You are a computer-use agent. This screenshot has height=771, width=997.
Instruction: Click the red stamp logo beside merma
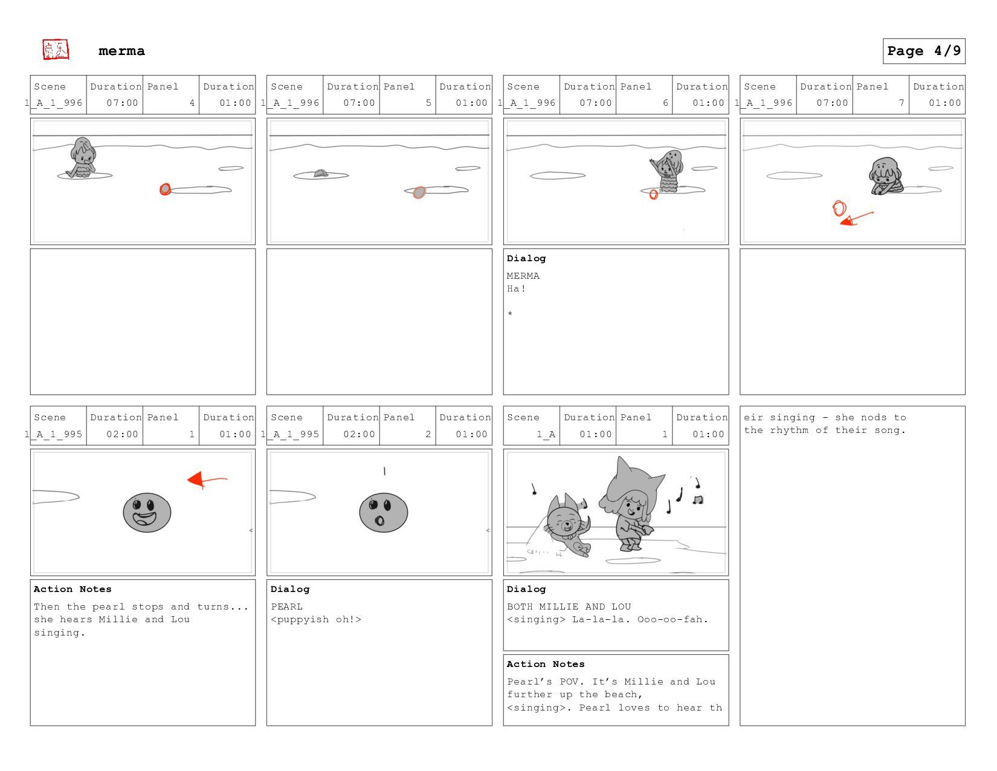[x=56, y=50]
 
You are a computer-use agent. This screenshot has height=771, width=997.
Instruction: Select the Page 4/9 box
[x=924, y=51]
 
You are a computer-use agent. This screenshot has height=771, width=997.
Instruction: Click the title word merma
[x=121, y=51]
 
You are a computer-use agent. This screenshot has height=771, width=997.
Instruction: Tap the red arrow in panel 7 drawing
[x=856, y=218]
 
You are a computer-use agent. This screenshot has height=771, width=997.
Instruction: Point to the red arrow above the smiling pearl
[x=207, y=480]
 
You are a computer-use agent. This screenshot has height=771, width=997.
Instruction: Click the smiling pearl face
[x=147, y=512]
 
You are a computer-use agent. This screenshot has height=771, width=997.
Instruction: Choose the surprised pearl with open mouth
[x=383, y=512]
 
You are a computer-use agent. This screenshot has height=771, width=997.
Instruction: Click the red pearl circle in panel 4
[x=165, y=189]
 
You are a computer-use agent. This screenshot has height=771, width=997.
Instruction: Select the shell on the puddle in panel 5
[x=321, y=173]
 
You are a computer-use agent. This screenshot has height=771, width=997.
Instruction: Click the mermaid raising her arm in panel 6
[x=667, y=171]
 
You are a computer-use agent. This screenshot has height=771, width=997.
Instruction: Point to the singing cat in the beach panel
[x=567, y=524]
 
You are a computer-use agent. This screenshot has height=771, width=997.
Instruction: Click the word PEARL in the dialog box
[x=287, y=607]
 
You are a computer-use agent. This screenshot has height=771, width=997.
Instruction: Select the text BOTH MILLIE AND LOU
[x=569, y=607]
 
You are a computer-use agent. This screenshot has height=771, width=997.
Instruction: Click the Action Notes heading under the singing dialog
[x=546, y=664]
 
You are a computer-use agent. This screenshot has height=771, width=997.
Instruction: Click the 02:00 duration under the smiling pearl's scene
[x=122, y=434]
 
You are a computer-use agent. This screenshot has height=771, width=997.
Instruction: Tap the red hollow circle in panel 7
[x=839, y=208]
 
